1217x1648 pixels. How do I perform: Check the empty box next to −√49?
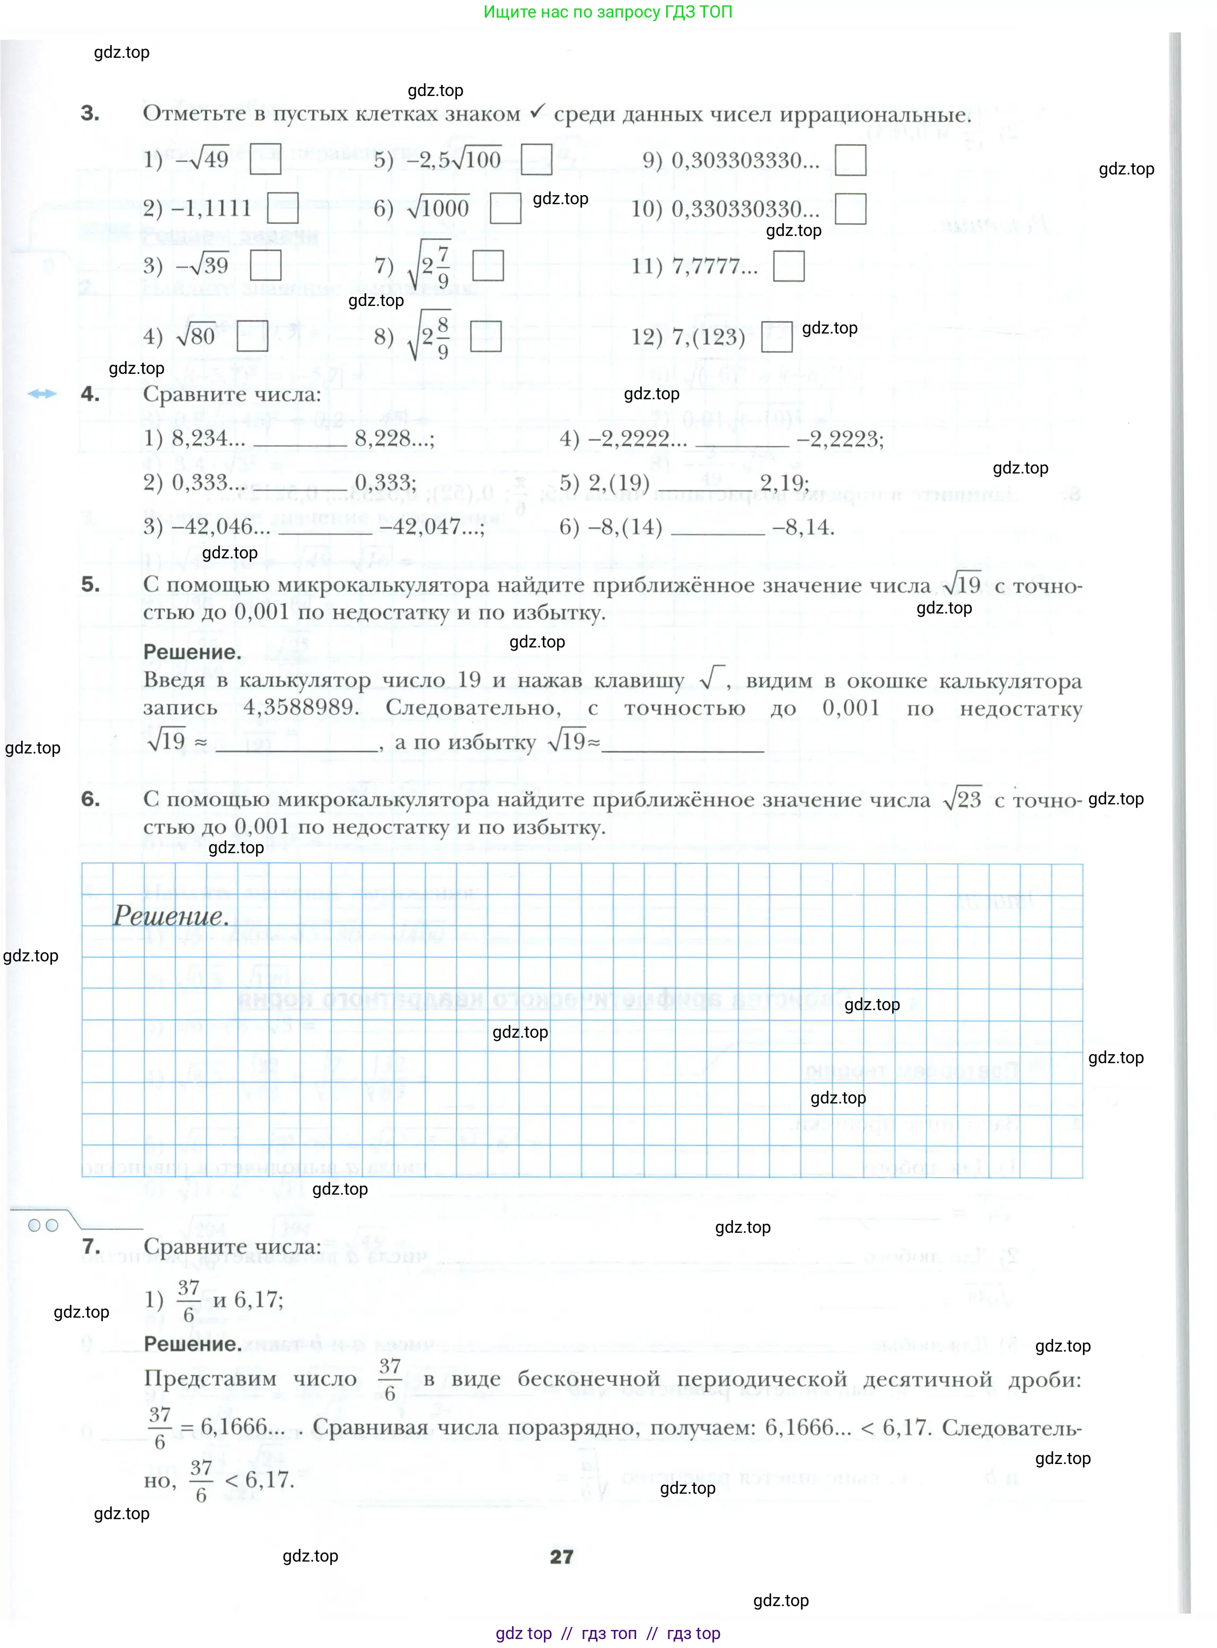click(265, 159)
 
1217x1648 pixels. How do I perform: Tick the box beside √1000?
click(505, 208)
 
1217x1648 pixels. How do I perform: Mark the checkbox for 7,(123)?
click(777, 337)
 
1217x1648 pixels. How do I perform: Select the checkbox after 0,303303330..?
click(850, 160)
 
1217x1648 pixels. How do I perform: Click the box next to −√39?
click(266, 265)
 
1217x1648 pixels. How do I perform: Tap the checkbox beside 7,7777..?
click(789, 266)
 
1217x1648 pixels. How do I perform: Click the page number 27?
click(561, 1557)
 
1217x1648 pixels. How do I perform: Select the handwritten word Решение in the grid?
click(170, 916)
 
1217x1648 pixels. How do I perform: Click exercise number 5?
click(91, 584)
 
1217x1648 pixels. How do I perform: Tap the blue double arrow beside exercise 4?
click(42, 393)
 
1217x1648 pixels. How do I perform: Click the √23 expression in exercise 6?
click(962, 799)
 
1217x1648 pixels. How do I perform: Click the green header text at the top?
click(608, 12)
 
